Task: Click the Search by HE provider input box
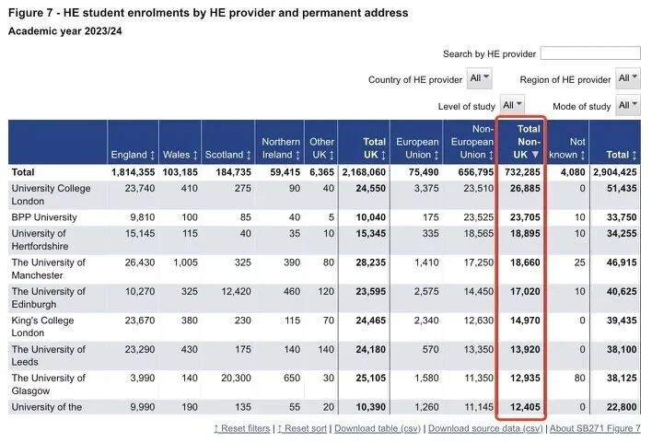(x=590, y=53)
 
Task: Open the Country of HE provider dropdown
(x=480, y=79)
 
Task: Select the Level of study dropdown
(x=512, y=105)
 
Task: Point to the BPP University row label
(x=43, y=217)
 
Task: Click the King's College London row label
(x=42, y=327)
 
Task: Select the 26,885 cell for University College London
(x=521, y=188)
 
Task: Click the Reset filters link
(x=243, y=429)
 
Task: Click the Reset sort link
(x=301, y=429)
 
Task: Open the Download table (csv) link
(x=378, y=429)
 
